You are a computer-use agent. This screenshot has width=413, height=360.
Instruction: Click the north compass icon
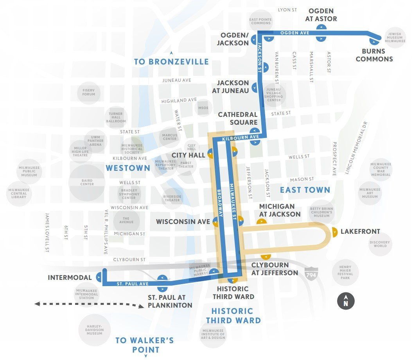(x=346, y=301)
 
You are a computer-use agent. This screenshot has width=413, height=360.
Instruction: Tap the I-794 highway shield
(x=311, y=271)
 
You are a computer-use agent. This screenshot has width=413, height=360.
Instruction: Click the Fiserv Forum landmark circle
(x=89, y=92)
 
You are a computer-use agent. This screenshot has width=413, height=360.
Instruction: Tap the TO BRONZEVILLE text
(x=171, y=62)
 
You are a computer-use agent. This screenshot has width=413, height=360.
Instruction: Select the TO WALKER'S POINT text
(x=144, y=344)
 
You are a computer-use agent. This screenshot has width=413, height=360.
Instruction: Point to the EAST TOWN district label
(x=305, y=190)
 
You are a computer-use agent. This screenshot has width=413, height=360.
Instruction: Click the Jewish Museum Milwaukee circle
(x=395, y=38)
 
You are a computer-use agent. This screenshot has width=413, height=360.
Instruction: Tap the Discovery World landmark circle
(x=380, y=244)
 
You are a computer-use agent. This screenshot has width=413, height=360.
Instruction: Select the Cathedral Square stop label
(x=238, y=118)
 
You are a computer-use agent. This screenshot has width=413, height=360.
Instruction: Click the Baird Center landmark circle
(x=87, y=182)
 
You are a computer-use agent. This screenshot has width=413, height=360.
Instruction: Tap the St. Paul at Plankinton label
(x=170, y=301)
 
